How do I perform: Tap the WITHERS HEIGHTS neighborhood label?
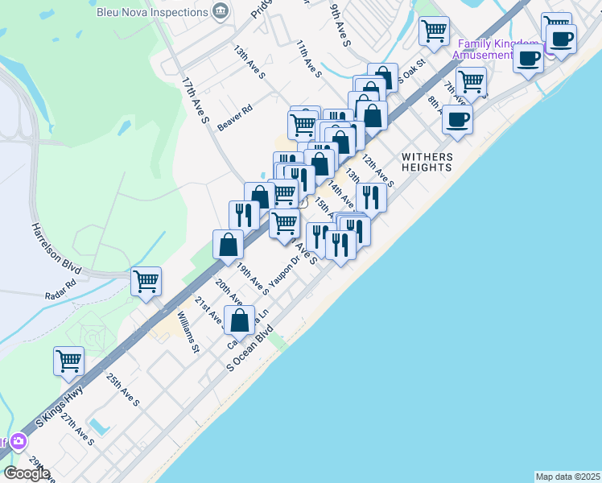coord(427,162)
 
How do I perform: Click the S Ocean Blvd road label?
coord(251,348)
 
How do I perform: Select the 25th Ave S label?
coord(123,390)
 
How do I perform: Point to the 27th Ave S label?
coord(77,431)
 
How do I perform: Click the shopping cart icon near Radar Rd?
coord(146,282)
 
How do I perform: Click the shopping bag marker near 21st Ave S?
coord(240,320)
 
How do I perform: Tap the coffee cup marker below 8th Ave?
coord(457,119)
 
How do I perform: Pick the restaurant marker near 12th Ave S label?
coord(371,196)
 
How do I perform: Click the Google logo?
coord(27,473)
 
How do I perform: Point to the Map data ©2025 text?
coord(568,477)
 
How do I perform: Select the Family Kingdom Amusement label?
coord(497,49)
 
